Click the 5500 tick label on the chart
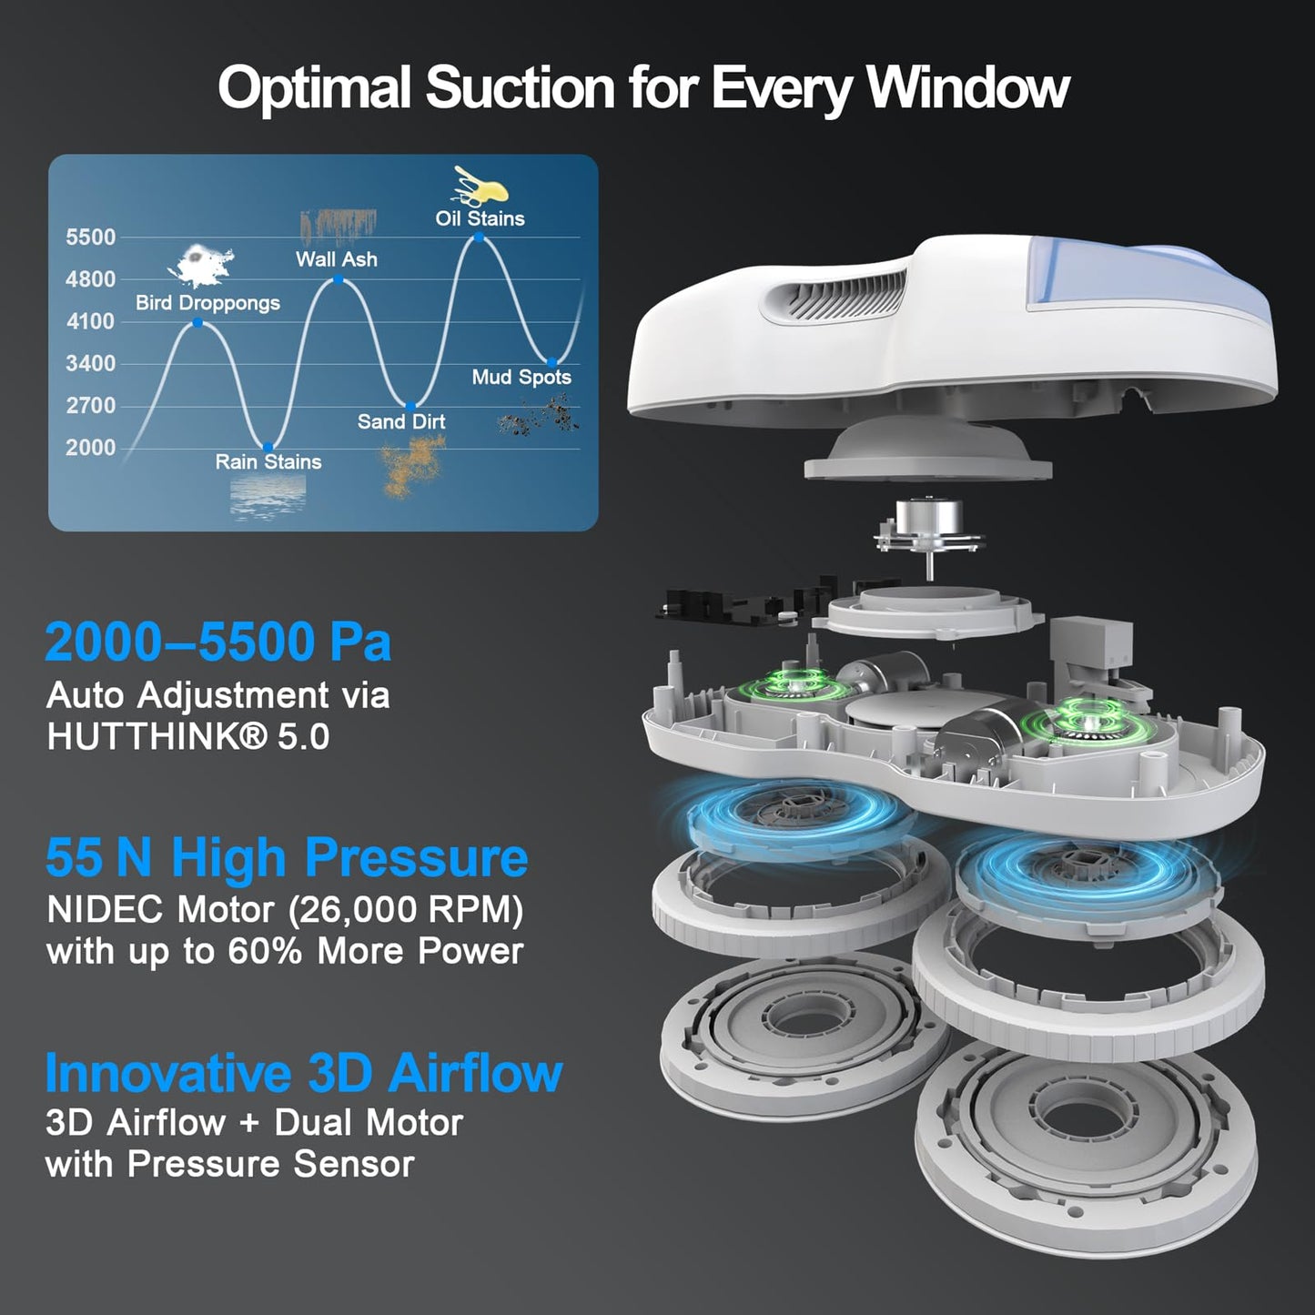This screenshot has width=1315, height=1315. pos(91,238)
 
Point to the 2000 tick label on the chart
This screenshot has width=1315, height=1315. pos(91,448)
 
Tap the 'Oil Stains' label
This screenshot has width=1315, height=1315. pos(480,218)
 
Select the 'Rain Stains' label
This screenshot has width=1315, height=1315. pos(268,461)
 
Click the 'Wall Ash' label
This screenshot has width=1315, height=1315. pos(336,259)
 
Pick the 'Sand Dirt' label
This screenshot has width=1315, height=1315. pos(401,421)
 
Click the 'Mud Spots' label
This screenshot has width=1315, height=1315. pos(521,377)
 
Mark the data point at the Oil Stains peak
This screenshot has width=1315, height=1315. pos(480,238)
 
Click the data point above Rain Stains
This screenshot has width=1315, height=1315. pos(268,447)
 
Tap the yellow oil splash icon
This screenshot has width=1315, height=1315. pos(480,187)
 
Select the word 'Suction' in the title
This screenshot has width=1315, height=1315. pos(520,88)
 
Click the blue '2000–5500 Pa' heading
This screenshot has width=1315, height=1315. pos(218,642)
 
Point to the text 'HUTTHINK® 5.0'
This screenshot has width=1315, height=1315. pos(188,737)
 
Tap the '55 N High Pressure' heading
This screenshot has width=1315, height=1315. pos(287,857)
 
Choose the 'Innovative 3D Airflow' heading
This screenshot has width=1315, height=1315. pos(304,1073)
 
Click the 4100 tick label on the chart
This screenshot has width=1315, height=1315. pos(91,321)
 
